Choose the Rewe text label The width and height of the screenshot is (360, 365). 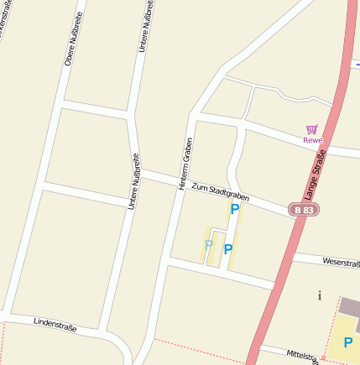(x=312, y=140)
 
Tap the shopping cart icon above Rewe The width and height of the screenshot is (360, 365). (x=312, y=129)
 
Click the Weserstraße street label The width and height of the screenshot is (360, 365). (x=341, y=263)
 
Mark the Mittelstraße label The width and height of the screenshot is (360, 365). (x=303, y=356)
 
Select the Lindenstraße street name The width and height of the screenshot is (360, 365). (x=55, y=326)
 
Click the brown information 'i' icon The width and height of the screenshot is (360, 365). (x=319, y=295)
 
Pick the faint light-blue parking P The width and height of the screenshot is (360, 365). (x=208, y=244)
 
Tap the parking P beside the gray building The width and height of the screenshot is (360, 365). (x=347, y=342)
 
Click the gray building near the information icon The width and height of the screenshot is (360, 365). (x=350, y=306)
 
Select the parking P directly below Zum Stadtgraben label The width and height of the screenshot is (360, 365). (x=235, y=210)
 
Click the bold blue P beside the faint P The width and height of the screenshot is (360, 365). (x=227, y=249)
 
